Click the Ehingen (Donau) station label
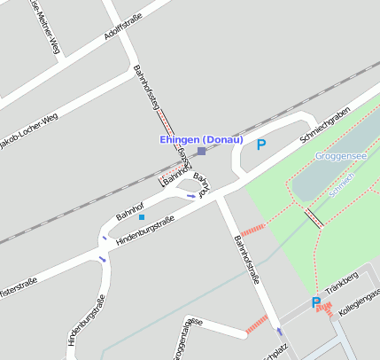[x=201, y=139]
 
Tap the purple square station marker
[x=202, y=152]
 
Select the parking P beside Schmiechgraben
[x=261, y=145]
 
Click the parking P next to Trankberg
[x=316, y=303]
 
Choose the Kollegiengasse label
[x=362, y=294]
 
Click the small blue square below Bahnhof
[x=142, y=217]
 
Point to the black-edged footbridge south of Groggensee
[x=313, y=217]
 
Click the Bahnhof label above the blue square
[x=130, y=210]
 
